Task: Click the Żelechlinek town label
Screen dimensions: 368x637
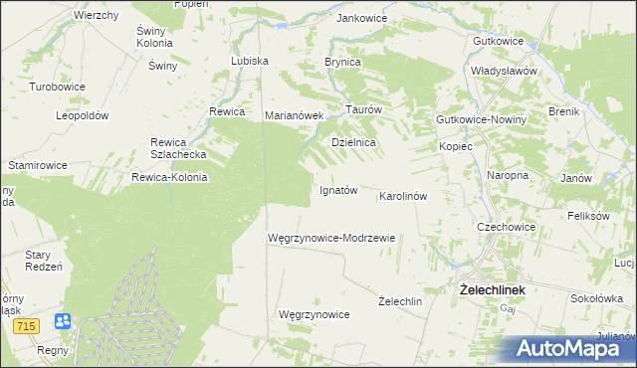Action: (x=492, y=290)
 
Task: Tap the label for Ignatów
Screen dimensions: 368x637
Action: (x=337, y=190)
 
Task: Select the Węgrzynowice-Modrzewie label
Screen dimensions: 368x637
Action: (x=332, y=239)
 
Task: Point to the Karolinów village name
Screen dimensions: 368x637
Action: (x=403, y=196)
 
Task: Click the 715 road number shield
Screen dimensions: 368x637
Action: (x=27, y=326)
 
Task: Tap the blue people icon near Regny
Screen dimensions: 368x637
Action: (x=63, y=321)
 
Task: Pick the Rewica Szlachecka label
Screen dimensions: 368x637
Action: (x=177, y=148)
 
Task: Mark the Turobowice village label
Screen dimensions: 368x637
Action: (x=57, y=87)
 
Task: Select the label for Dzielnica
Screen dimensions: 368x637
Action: (x=353, y=142)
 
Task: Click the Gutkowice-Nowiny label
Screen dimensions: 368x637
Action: (x=481, y=119)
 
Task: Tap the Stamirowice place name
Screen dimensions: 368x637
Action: (x=38, y=162)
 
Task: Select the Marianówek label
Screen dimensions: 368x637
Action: (x=295, y=115)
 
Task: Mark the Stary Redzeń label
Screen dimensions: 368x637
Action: (x=44, y=261)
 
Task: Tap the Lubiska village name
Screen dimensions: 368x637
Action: (x=250, y=61)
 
